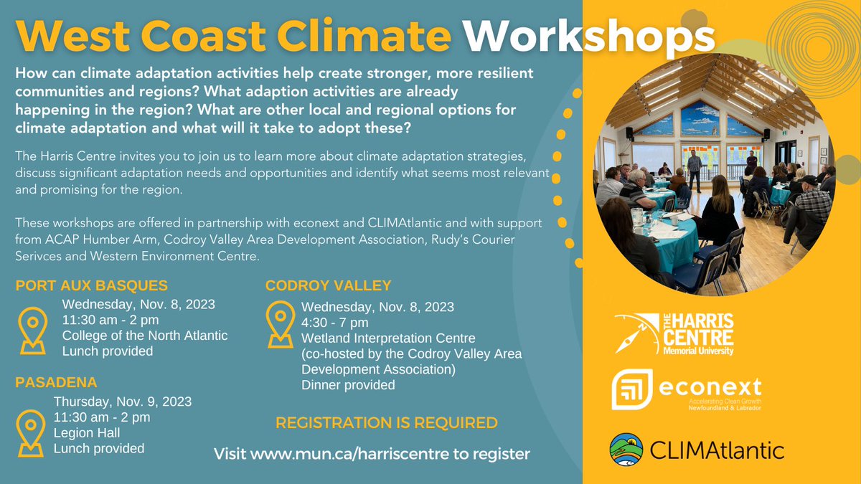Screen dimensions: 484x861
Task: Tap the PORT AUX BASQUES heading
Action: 92,285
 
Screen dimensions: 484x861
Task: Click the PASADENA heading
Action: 56,382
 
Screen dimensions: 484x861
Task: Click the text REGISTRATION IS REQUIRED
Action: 386,423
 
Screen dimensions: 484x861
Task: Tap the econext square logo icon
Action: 631,389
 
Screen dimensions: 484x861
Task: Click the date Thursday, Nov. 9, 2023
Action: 123,402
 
